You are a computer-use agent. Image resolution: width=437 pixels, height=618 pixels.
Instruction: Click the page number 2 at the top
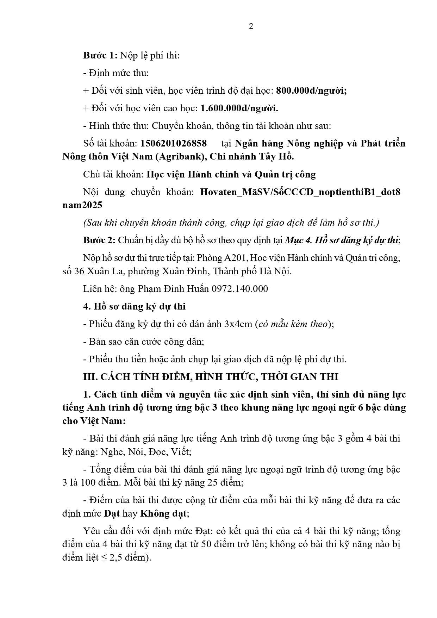click(251, 26)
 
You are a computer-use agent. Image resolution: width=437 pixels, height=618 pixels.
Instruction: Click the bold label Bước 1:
click(100, 55)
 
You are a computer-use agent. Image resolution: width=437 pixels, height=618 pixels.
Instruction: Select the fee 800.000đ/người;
click(311, 90)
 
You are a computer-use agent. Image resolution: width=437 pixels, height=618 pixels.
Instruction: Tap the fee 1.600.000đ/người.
click(239, 108)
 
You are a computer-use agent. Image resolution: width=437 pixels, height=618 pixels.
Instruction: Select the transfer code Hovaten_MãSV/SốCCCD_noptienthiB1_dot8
click(300, 192)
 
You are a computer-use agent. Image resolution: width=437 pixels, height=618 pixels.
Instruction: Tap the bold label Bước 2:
click(99, 241)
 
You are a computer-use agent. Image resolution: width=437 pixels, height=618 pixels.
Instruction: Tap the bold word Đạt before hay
click(112, 513)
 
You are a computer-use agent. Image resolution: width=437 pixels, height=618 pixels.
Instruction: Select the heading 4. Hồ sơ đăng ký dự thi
click(134, 306)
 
